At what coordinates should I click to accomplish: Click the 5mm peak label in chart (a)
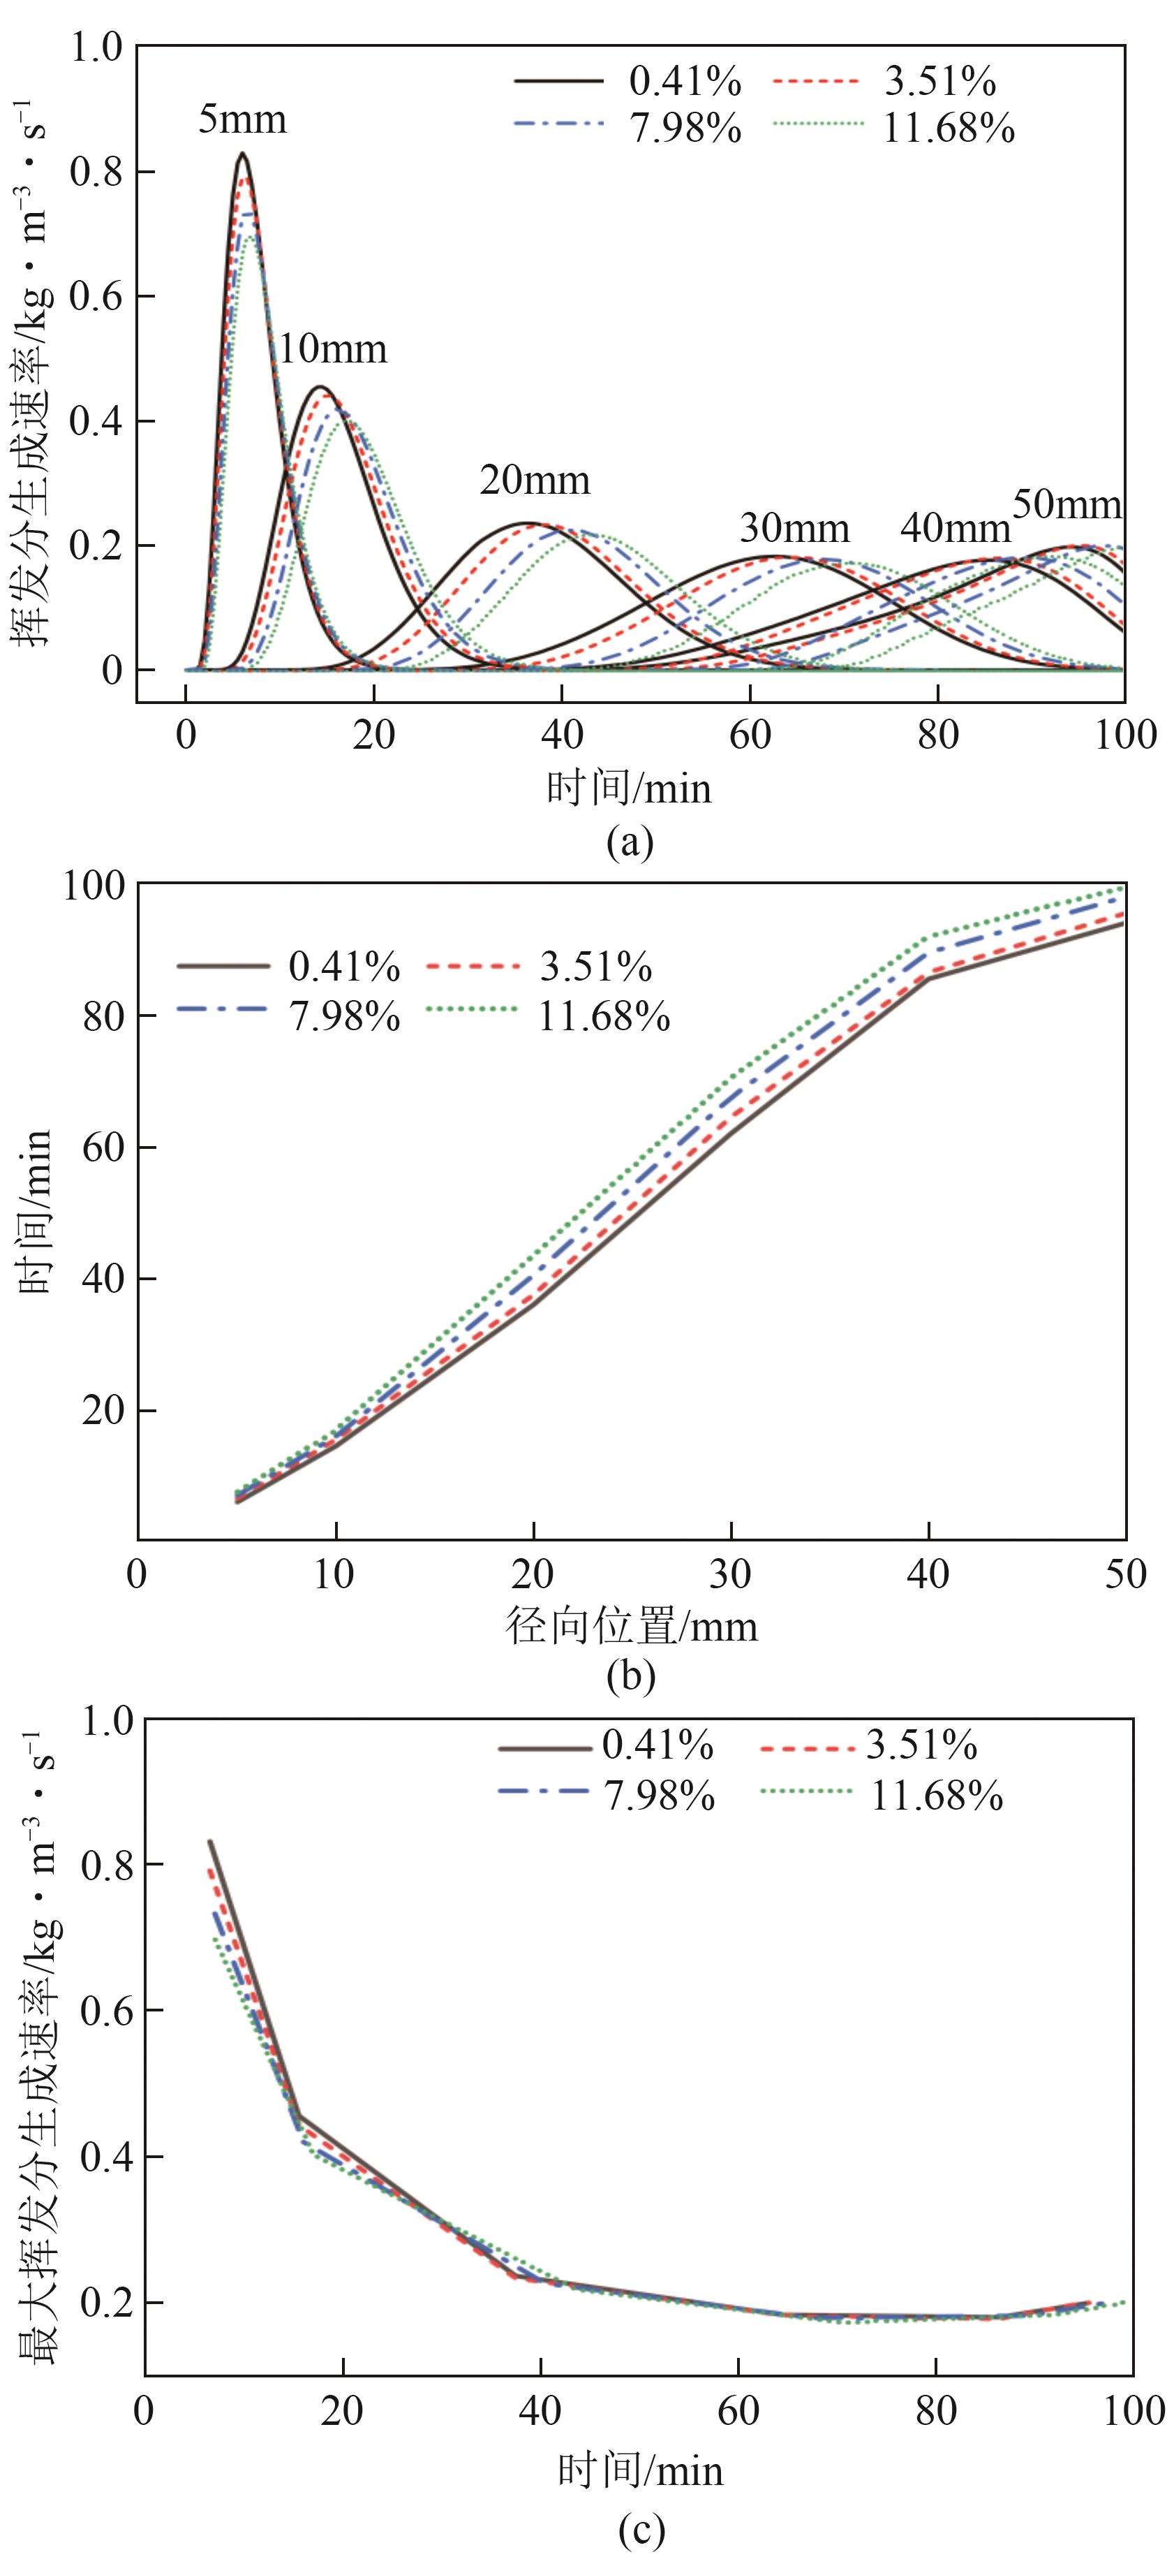pos(242,119)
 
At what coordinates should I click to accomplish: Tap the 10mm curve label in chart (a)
pos(332,349)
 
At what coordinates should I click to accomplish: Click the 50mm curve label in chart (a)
pos(1067,504)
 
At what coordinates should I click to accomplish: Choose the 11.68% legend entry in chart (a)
pos(948,129)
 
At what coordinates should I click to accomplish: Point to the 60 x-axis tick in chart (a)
pos(750,735)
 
